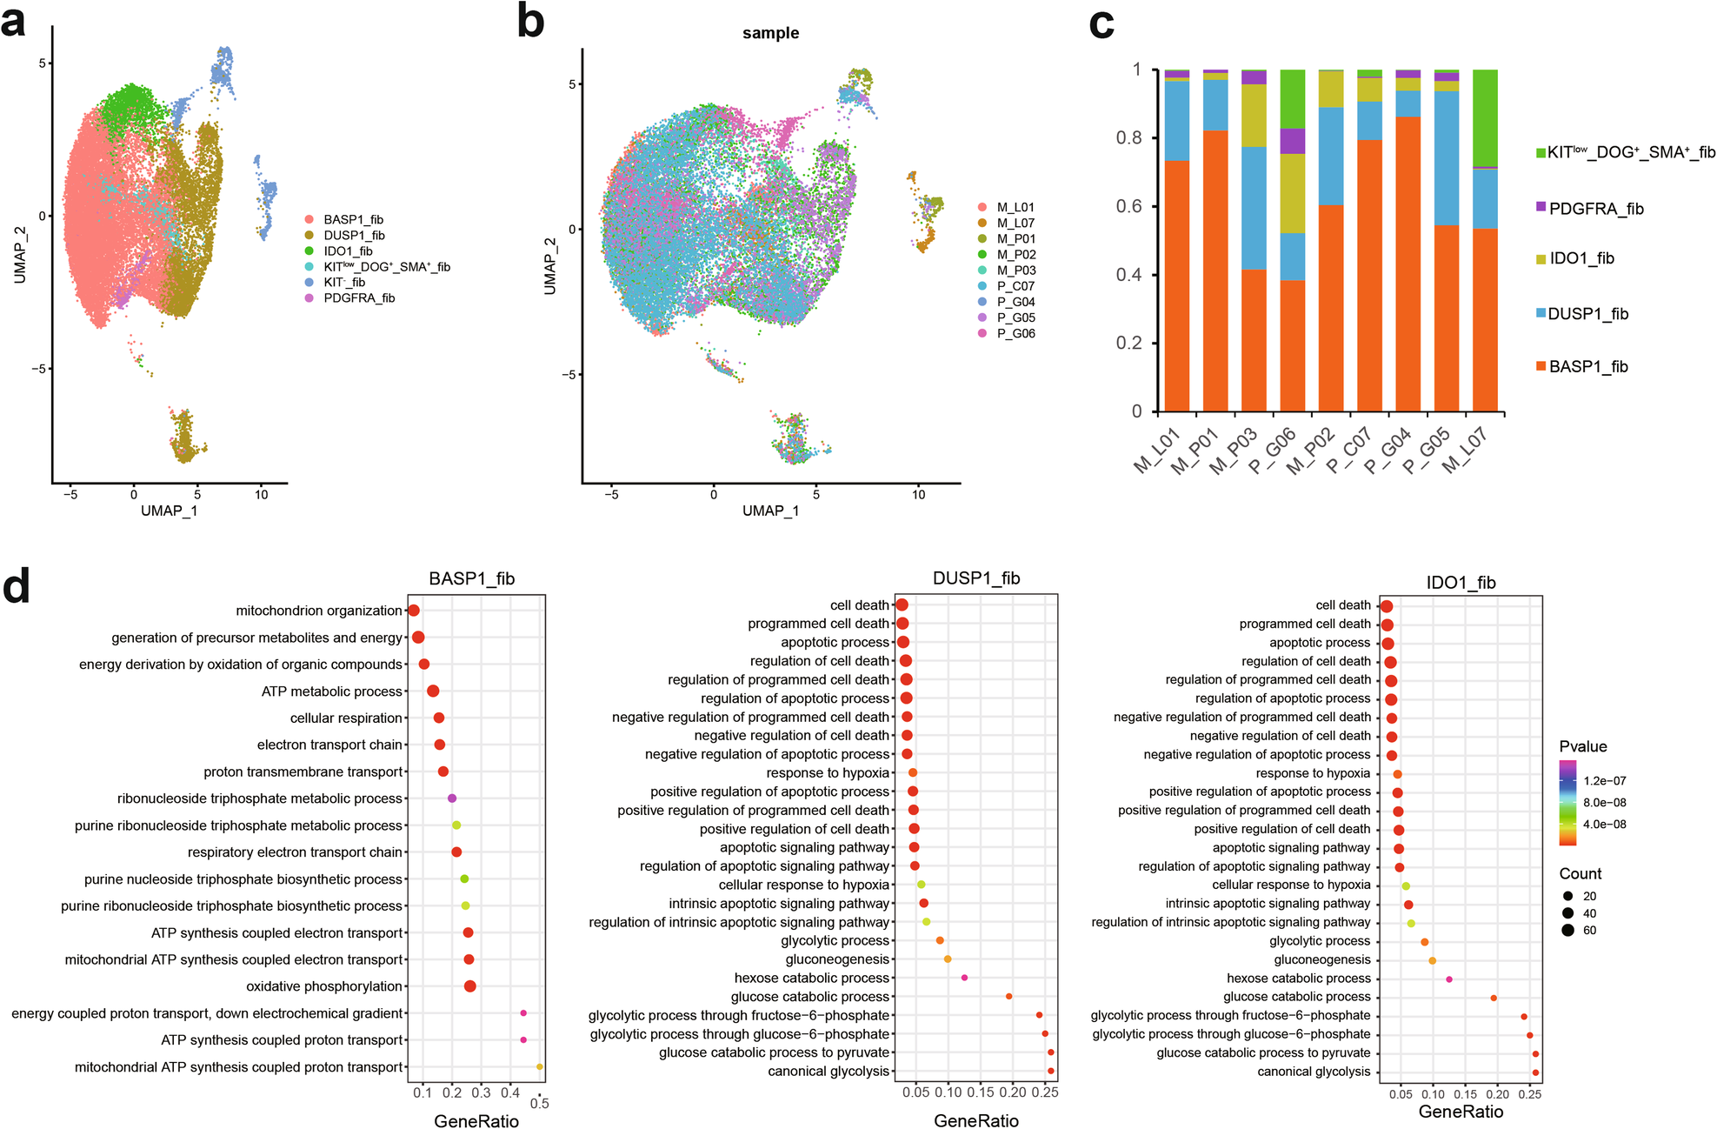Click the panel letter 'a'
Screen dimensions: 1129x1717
click(13, 22)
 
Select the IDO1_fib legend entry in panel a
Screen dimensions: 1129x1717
click(348, 251)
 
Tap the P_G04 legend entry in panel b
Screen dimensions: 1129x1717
click(1015, 302)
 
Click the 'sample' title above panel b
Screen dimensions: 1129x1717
click(770, 33)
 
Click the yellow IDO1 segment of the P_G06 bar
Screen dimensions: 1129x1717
click(1293, 193)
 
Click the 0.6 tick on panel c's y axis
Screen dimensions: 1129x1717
click(1128, 206)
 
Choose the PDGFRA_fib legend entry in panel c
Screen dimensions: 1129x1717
click(1595, 209)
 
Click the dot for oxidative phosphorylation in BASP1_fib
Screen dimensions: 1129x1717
click(470, 986)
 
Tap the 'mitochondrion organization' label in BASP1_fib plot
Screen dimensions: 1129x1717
click(319, 611)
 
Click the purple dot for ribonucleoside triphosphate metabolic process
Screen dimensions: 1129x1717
click(452, 798)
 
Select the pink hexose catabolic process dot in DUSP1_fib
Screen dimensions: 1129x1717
click(964, 978)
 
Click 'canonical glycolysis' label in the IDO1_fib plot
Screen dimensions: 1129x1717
click(1313, 1072)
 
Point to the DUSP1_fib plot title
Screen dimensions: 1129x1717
click(975, 578)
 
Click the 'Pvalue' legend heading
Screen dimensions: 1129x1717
click(1582, 746)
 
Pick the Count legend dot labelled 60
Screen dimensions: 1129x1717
click(1567, 930)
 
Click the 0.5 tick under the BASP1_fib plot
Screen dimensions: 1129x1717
click(540, 1103)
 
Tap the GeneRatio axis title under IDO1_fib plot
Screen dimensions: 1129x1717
click(1461, 1112)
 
